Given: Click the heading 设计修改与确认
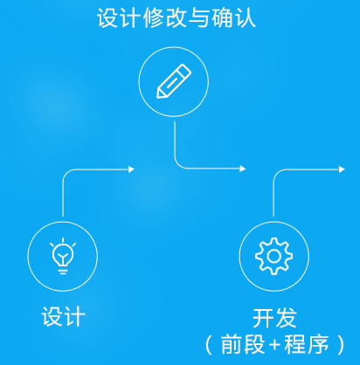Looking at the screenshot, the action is pos(177,17).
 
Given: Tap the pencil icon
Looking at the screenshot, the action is pos(174,81).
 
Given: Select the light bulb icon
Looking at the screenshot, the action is pos(63,256).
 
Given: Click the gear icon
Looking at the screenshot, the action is pos(273,256).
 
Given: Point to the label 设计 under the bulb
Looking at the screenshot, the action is pos(63,316).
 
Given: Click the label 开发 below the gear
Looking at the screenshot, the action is pos(274,318).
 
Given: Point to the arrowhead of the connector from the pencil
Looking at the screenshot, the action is pos(243,169).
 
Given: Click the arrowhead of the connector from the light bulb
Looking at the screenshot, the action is pos(131,169).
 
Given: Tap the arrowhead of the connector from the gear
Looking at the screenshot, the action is pos(342,169).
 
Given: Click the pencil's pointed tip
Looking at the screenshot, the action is pos(158,96).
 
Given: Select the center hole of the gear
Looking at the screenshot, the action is pos(273,256).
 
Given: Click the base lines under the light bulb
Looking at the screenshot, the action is pos(63,272).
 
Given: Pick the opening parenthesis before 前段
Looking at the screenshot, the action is pos(208,345).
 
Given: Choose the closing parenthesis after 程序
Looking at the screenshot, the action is pos(341,345).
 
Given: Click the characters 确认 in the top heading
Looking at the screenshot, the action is pos(233,17).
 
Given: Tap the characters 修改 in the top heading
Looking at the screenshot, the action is pos(164,17).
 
